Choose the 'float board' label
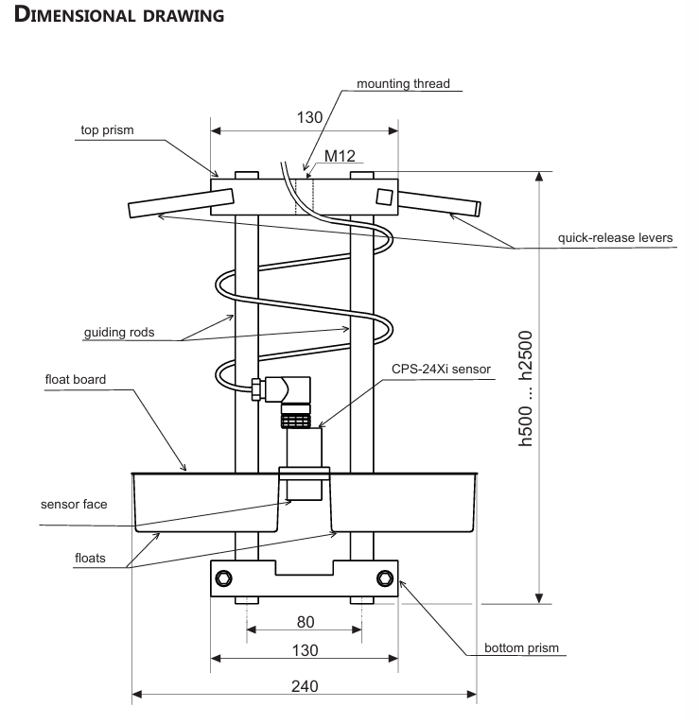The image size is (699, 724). pos(77,380)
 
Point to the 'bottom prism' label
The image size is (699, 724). pos(521,648)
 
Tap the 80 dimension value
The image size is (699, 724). pos(305,623)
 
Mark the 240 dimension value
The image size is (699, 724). pos(305,685)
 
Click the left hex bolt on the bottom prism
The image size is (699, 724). pos(224,578)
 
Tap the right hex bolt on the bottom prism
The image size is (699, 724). pos(384,578)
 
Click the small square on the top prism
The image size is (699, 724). pos(383,197)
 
